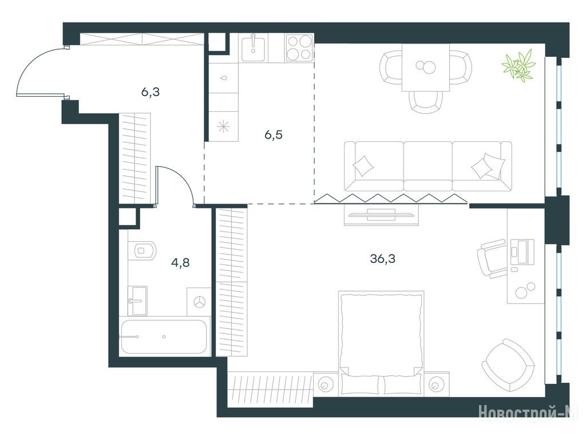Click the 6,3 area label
pyautogui.click(x=151, y=92)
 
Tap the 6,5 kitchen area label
pyautogui.click(x=274, y=135)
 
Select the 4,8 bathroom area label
pyautogui.click(x=180, y=262)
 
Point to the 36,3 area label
pyautogui.click(x=383, y=258)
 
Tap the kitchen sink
pyautogui.click(x=254, y=48)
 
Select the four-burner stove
pyautogui.click(x=299, y=48)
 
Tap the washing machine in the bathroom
pyautogui.click(x=199, y=301)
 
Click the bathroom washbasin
pyautogui.click(x=137, y=300)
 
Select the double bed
pyautogui.click(x=381, y=343)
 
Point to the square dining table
pyautogui.click(x=426, y=68)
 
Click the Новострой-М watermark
pyautogui.click(x=528, y=412)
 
